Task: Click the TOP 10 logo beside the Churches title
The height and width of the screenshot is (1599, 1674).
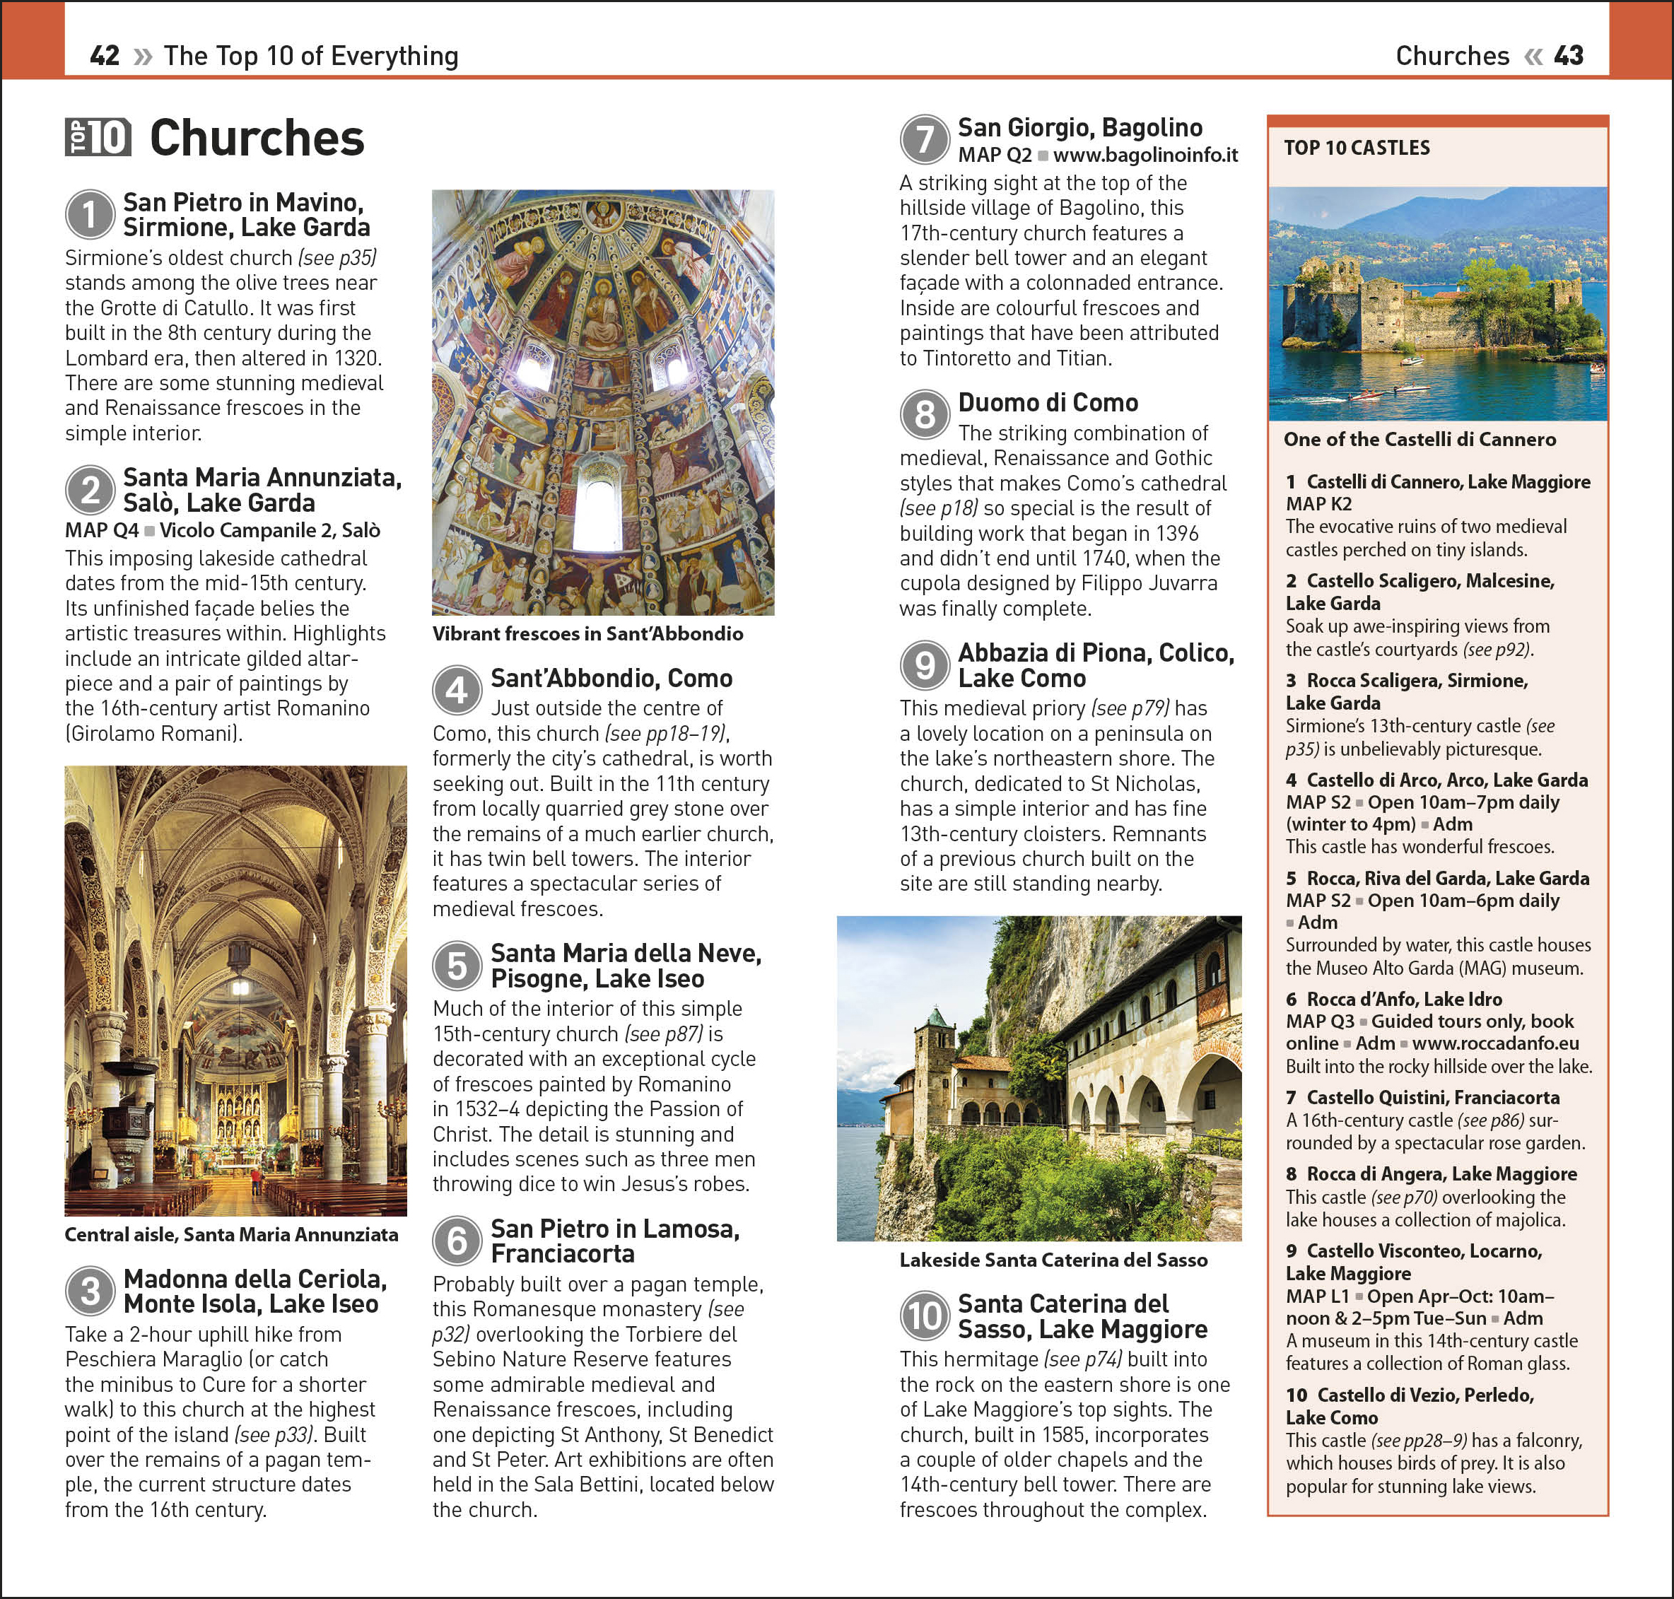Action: pos(98,137)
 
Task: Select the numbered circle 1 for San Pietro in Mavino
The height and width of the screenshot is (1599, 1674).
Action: pos(90,214)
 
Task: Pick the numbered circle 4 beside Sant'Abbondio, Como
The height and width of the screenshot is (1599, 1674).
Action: pos(457,689)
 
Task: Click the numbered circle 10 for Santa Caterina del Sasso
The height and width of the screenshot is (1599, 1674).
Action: pos(924,1315)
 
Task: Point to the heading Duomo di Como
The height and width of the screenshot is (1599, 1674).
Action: pos(1048,402)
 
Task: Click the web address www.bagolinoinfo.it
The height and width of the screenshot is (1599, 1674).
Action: pos(1145,155)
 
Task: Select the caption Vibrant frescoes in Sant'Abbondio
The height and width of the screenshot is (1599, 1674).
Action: pos(587,633)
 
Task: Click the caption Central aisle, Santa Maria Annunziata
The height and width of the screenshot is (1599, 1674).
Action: pos(231,1234)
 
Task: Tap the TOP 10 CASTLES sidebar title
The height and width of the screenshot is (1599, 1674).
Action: pos(1357,148)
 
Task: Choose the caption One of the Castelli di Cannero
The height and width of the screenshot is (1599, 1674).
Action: pos(1419,439)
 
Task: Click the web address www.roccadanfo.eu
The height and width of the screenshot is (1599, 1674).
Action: pos(1495,1043)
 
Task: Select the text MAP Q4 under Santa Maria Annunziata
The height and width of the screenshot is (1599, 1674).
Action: pos(101,530)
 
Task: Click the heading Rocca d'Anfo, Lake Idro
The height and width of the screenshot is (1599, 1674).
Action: pos(1404,999)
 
